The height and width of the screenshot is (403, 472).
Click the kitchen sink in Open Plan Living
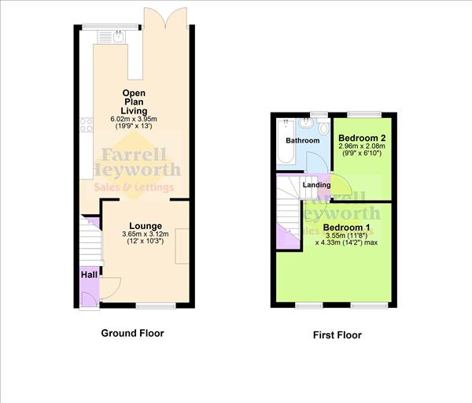118,35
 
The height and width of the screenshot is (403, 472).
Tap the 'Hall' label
88,275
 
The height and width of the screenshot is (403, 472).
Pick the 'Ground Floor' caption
132,333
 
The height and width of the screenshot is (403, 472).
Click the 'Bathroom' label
302,141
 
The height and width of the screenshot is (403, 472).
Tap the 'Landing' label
316,185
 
